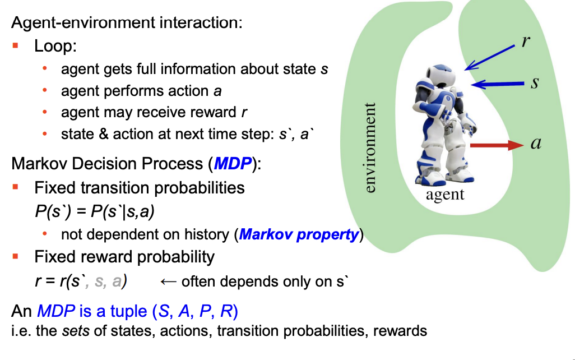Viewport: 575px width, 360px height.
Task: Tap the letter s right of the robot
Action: click(535, 84)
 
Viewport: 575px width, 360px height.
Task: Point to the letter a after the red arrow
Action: click(536, 144)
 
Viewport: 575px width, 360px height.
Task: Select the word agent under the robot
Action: click(445, 195)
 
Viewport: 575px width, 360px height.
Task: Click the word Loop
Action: click(55, 46)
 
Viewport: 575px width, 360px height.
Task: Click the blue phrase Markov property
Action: click(299, 234)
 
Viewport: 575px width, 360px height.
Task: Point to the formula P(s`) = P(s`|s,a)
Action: click(94, 212)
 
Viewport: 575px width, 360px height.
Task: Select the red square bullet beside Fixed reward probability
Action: click(16, 256)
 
